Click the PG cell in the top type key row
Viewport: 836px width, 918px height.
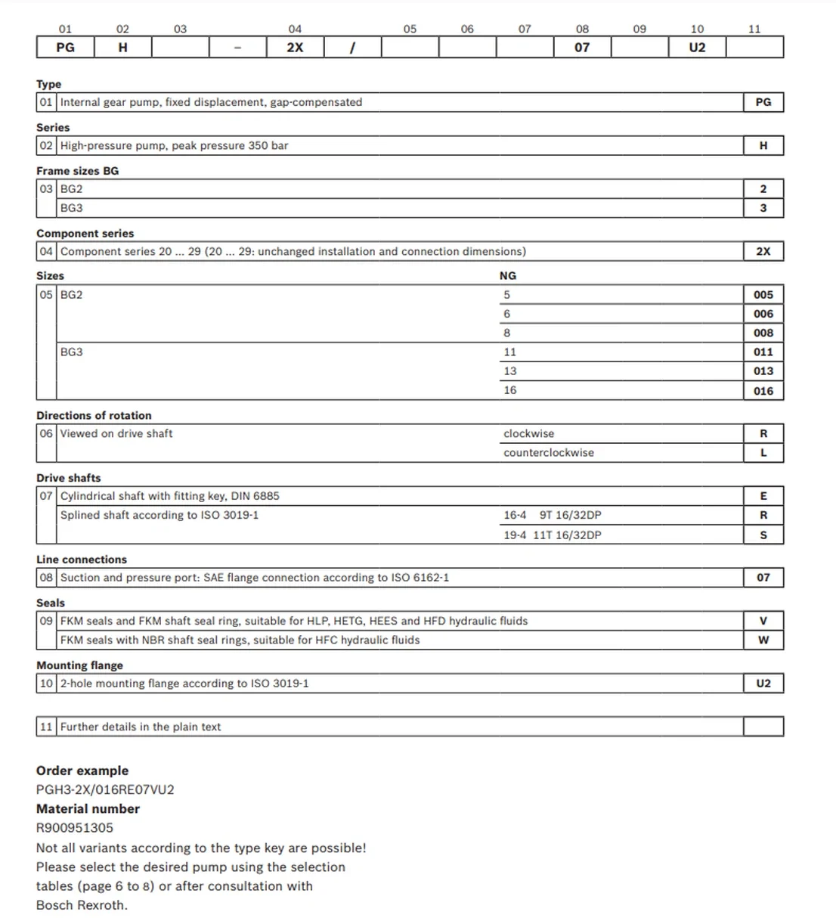click(66, 48)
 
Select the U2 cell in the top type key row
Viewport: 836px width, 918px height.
click(697, 48)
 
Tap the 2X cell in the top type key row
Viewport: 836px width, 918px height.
click(295, 48)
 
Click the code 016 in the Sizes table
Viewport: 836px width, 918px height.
click(763, 391)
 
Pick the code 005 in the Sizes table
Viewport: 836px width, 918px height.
click(763, 295)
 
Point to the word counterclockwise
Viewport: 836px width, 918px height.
click(549, 453)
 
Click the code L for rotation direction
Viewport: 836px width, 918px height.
click(763, 453)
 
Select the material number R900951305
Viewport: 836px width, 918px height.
click(75, 828)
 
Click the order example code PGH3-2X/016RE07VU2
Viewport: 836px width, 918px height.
click(105, 790)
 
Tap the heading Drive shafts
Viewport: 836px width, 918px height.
click(69, 478)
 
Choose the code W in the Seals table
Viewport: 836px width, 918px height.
click(763, 640)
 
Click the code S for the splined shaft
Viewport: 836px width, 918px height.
click(763, 535)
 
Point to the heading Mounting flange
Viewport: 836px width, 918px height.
click(79, 665)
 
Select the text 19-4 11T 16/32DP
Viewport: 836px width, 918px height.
click(553, 535)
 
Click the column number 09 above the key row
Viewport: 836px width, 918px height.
click(639, 29)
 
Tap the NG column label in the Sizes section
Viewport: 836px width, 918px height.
click(508, 276)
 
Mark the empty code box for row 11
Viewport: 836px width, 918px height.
click(763, 727)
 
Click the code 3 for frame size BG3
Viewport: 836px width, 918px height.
click(763, 208)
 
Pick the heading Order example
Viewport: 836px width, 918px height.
click(82, 771)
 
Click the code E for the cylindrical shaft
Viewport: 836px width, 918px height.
click(763, 496)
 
